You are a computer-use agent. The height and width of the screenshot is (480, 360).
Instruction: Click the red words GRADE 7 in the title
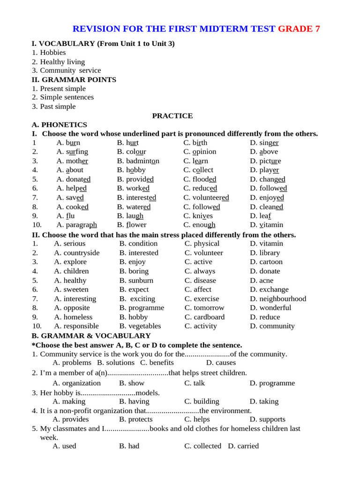click(x=299, y=29)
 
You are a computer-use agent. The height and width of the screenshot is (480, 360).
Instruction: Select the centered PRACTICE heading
click(x=172, y=116)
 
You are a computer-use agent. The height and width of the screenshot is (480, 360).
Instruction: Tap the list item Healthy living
click(x=62, y=62)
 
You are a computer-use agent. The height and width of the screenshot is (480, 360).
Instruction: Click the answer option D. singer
click(x=264, y=142)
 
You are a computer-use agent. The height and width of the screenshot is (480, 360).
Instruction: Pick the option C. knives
click(x=198, y=216)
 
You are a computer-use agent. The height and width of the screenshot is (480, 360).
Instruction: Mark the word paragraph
click(x=77, y=225)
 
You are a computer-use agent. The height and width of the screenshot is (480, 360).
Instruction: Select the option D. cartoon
click(x=266, y=262)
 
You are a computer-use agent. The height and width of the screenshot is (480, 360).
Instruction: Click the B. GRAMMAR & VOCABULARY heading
click(x=91, y=336)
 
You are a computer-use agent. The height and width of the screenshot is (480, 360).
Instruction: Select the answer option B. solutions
click(x=116, y=362)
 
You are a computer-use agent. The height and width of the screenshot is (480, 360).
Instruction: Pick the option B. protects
click(x=136, y=419)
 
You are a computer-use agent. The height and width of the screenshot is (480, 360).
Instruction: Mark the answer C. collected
click(x=202, y=446)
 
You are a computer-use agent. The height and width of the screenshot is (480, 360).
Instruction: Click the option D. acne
click(x=262, y=280)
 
